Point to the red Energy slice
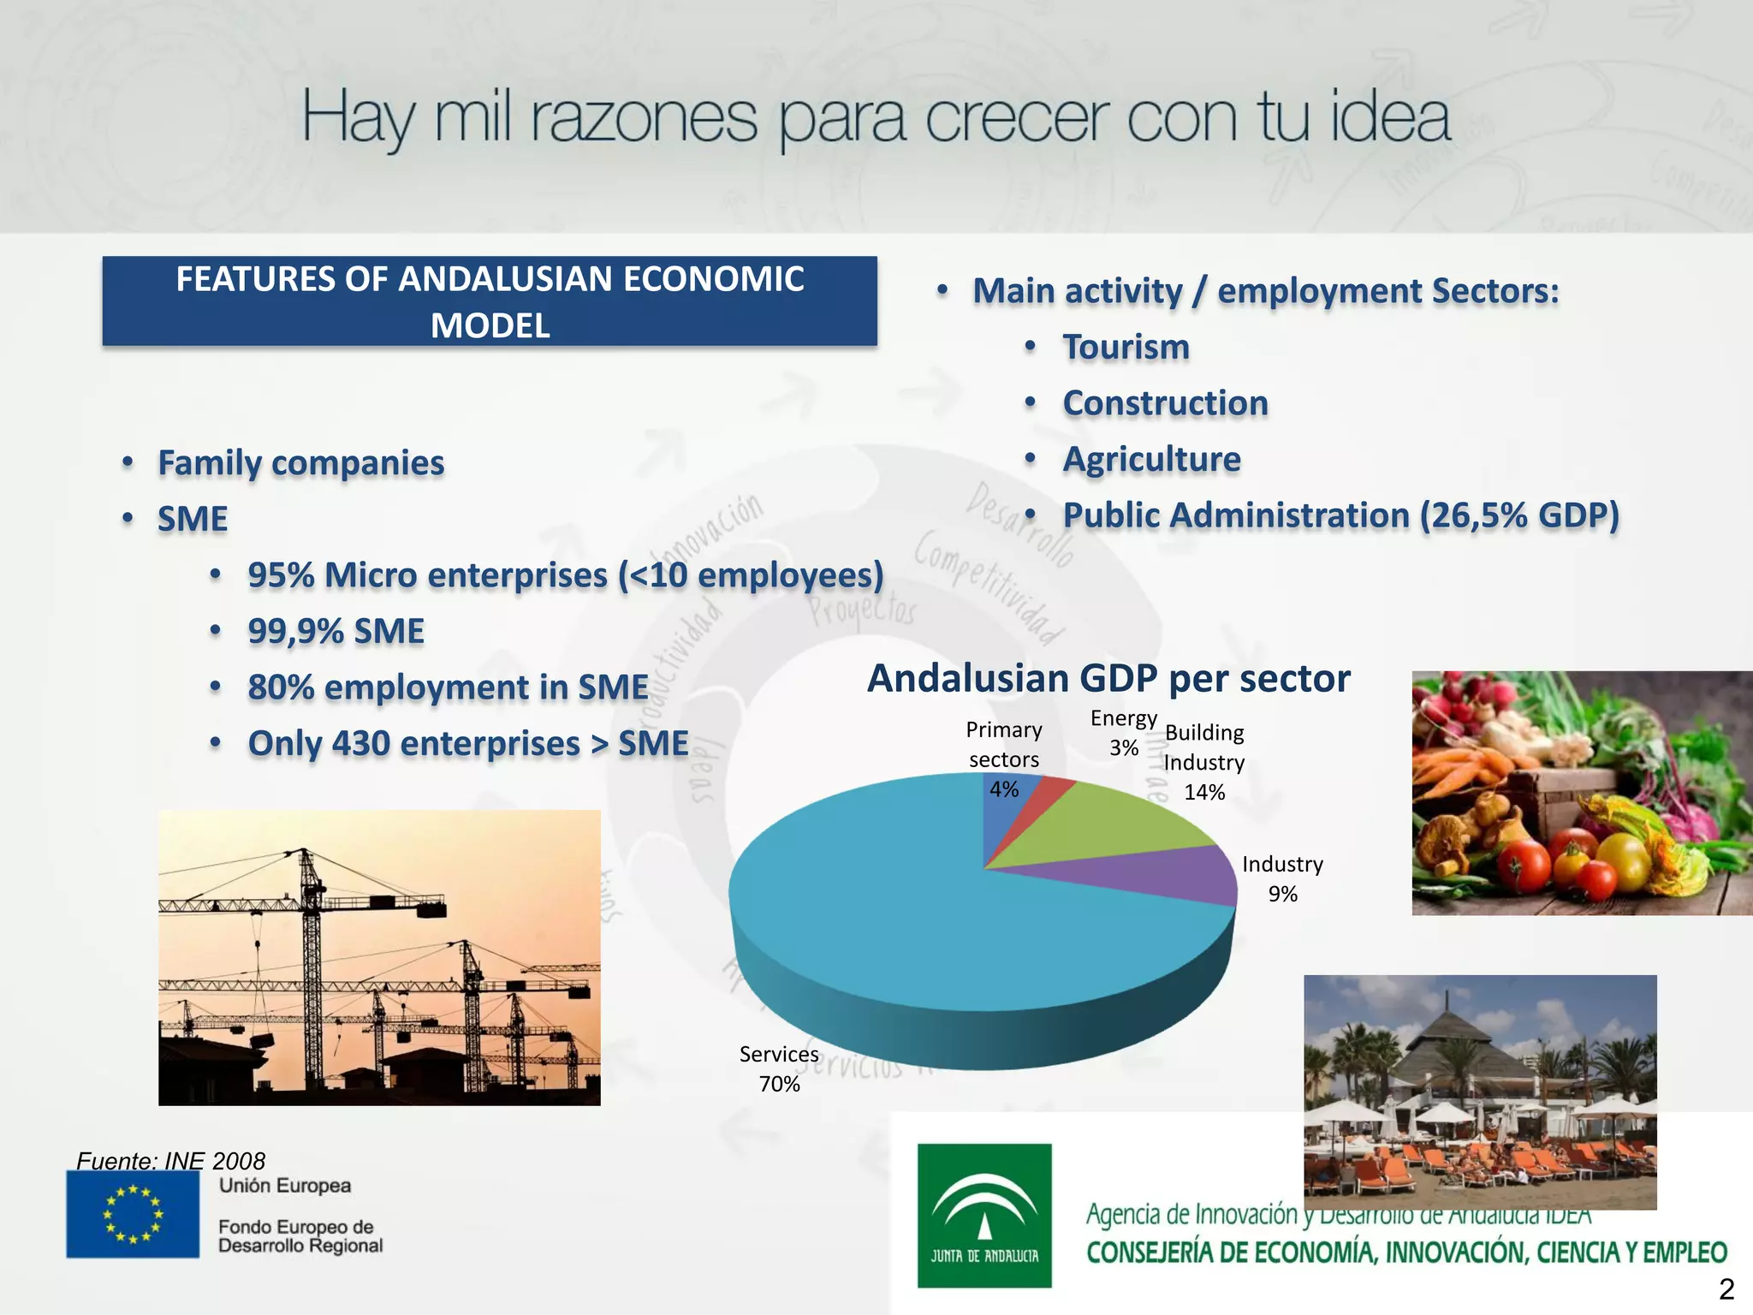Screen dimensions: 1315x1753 (x=1053, y=792)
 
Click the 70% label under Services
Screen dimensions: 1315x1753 (x=779, y=1084)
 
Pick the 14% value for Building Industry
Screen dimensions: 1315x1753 (x=1204, y=792)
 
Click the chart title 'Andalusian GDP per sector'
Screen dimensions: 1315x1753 (x=1108, y=678)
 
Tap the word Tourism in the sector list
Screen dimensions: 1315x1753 (x=1126, y=347)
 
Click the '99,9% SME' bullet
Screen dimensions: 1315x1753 (x=336, y=631)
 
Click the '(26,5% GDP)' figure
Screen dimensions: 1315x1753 (x=1519, y=515)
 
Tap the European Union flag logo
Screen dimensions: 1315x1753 (x=133, y=1213)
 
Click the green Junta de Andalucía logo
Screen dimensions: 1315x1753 (x=984, y=1215)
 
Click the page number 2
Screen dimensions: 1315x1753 (x=1726, y=1289)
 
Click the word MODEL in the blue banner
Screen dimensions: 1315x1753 (x=490, y=325)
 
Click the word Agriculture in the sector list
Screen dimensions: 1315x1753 (x=1151, y=459)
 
